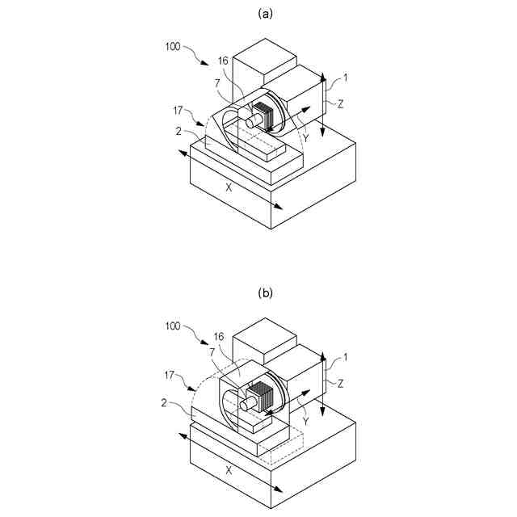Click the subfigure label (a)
264,14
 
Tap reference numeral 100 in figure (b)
174,326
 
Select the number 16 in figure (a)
224,61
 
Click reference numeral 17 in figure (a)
179,109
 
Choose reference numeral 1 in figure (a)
346,78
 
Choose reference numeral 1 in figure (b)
346,357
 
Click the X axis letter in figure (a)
229,187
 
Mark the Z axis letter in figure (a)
342,104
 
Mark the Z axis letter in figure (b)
342,384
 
